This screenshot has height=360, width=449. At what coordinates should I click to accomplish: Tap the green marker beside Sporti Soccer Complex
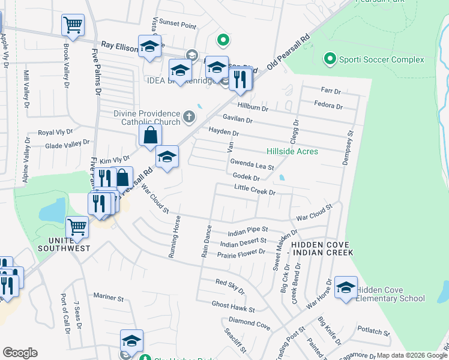(x=330, y=59)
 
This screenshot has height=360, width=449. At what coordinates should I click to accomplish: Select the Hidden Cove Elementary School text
(x=390, y=294)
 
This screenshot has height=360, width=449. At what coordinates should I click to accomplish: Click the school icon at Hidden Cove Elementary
(x=346, y=288)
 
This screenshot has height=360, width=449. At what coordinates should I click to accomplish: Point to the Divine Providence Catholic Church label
(x=147, y=118)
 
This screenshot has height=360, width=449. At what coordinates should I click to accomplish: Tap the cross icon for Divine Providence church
(x=190, y=116)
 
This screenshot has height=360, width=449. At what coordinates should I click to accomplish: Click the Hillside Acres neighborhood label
(x=292, y=151)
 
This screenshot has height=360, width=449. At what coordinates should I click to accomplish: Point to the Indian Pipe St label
(x=247, y=230)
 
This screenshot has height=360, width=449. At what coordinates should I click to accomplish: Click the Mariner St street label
(x=109, y=297)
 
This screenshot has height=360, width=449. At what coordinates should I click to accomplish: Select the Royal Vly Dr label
(x=55, y=131)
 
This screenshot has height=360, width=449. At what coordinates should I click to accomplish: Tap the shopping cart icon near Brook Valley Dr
(x=73, y=25)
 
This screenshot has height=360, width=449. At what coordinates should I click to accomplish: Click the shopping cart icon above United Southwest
(x=77, y=227)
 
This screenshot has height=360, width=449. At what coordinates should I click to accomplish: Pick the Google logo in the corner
(x=20, y=353)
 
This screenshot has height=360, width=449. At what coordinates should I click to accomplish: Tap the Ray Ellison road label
(x=119, y=44)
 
